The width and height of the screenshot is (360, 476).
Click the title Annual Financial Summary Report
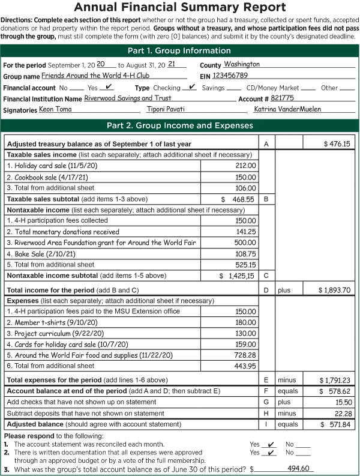(x=180, y=8)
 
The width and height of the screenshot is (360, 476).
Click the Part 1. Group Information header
(x=180, y=51)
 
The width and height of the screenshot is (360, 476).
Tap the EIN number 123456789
(x=230, y=76)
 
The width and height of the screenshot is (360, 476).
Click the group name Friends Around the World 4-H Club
(x=105, y=76)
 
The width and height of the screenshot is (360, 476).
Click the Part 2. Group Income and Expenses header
(x=180, y=125)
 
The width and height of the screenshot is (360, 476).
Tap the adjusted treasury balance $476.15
(x=337, y=144)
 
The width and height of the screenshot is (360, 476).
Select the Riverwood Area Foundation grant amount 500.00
(x=245, y=243)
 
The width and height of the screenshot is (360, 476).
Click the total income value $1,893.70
(x=334, y=290)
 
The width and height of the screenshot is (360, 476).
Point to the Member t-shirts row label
(x=36, y=322)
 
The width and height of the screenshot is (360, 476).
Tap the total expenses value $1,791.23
(x=335, y=380)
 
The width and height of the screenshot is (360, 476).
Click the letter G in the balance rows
(x=266, y=402)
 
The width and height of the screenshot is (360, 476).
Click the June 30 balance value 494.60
(x=298, y=468)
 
